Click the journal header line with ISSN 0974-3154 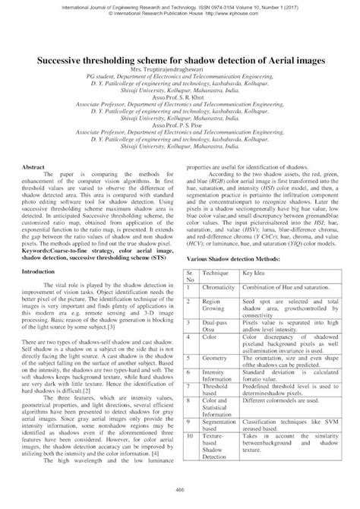point(180,5)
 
